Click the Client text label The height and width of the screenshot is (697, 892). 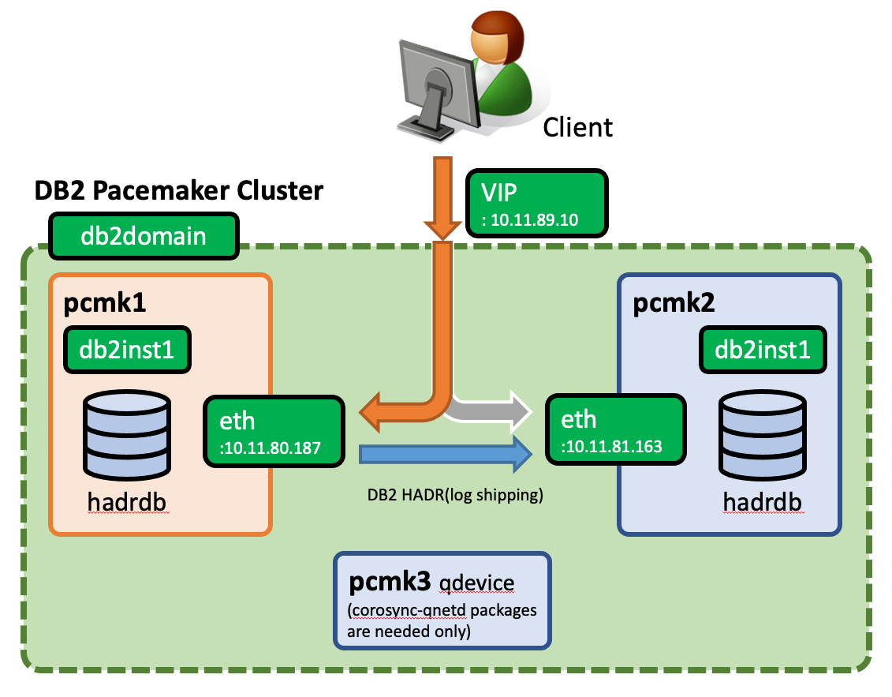point(577,127)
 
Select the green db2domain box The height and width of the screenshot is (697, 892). point(144,236)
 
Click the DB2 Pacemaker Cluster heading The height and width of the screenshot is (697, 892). point(178,190)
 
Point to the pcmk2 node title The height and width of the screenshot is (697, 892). point(674,305)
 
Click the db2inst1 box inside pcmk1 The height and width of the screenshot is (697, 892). point(127,349)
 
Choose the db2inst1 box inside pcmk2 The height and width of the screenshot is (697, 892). point(762,349)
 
